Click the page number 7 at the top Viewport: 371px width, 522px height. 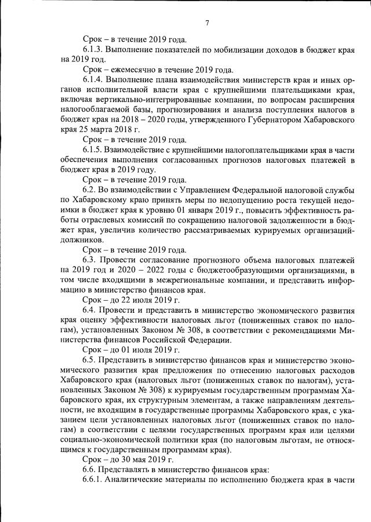[x=206, y=23]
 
